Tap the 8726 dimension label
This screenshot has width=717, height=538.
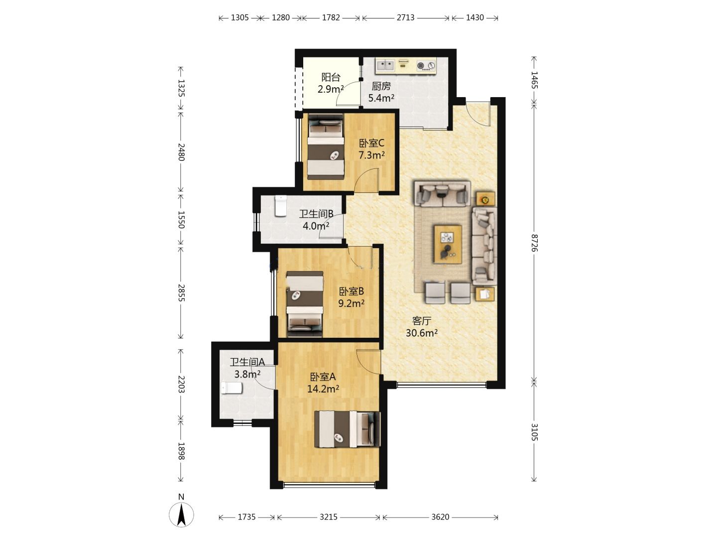tap(534, 243)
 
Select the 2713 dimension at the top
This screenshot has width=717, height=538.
tap(405, 17)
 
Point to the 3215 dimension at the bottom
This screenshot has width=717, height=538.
tap(328, 517)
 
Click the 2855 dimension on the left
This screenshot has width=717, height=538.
tap(181, 293)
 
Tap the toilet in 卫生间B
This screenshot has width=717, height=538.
tap(281, 206)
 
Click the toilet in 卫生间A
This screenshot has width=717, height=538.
tap(232, 388)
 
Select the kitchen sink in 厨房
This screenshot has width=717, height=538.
tap(385, 65)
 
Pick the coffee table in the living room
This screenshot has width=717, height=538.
tap(448, 244)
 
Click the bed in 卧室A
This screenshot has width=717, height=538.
tap(348, 429)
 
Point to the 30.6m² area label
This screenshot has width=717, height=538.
tap(421, 333)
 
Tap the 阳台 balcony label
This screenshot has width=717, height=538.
tap(331, 77)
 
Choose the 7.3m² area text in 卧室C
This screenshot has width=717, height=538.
tap(371, 155)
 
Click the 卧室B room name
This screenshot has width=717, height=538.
tap(351, 291)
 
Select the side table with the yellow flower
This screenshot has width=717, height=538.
tap(485, 199)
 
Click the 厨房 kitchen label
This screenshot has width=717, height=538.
tap(381, 86)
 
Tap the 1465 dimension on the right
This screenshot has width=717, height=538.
tap(534, 80)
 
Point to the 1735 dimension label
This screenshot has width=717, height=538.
tap(246, 517)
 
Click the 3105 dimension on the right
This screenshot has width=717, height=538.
tap(534, 432)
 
